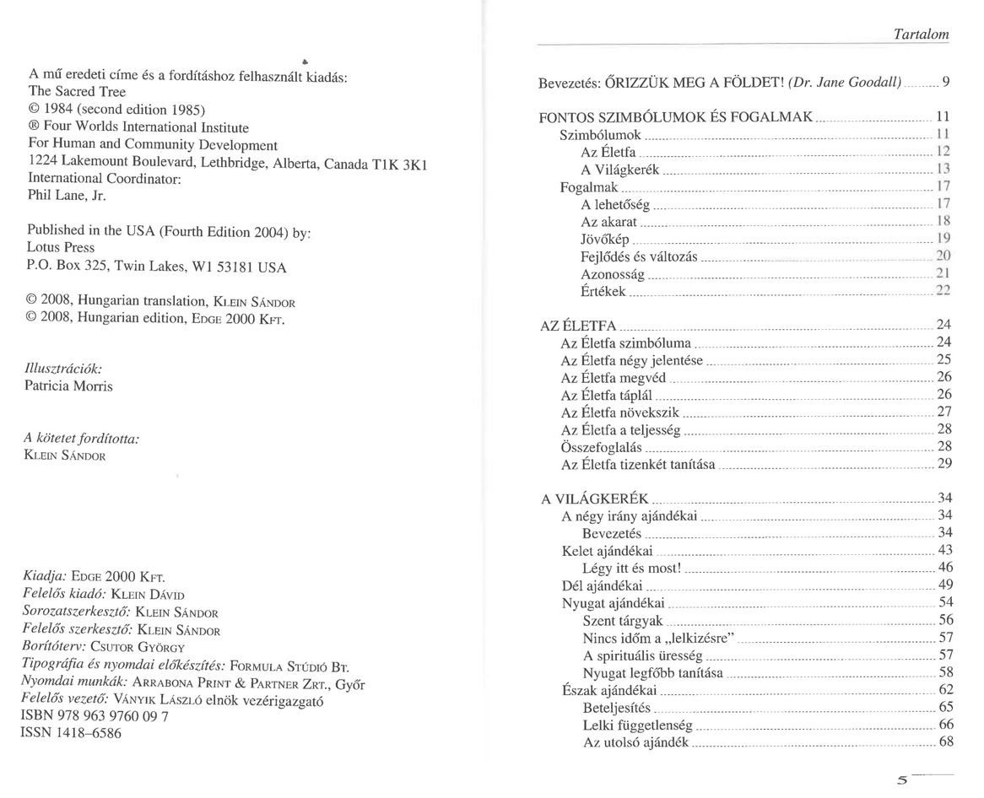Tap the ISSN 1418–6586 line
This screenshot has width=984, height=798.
[71, 733]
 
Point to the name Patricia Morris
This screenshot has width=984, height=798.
[70, 386]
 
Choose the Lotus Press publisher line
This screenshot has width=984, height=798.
[62, 249]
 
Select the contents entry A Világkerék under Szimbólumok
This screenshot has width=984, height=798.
[620, 170]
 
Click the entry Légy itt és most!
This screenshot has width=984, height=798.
[631, 568]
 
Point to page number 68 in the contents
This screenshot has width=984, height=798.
[945, 742]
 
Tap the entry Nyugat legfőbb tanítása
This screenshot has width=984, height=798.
[652, 672]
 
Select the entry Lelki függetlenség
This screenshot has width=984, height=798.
[637, 725]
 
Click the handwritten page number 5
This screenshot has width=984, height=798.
[904, 779]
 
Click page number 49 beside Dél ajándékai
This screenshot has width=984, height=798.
[945, 585]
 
